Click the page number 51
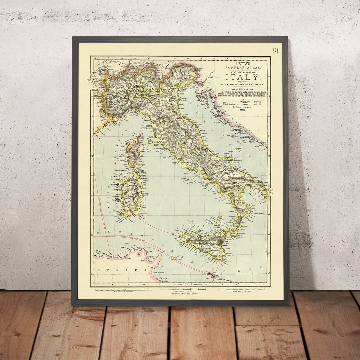click(x=276, y=51)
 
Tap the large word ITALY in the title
click(x=242, y=77)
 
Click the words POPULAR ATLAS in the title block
click(x=242, y=68)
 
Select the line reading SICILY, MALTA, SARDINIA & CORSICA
click(x=242, y=85)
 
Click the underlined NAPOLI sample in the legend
click(x=242, y=109)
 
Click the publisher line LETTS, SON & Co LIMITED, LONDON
click(x=180, y=293)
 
